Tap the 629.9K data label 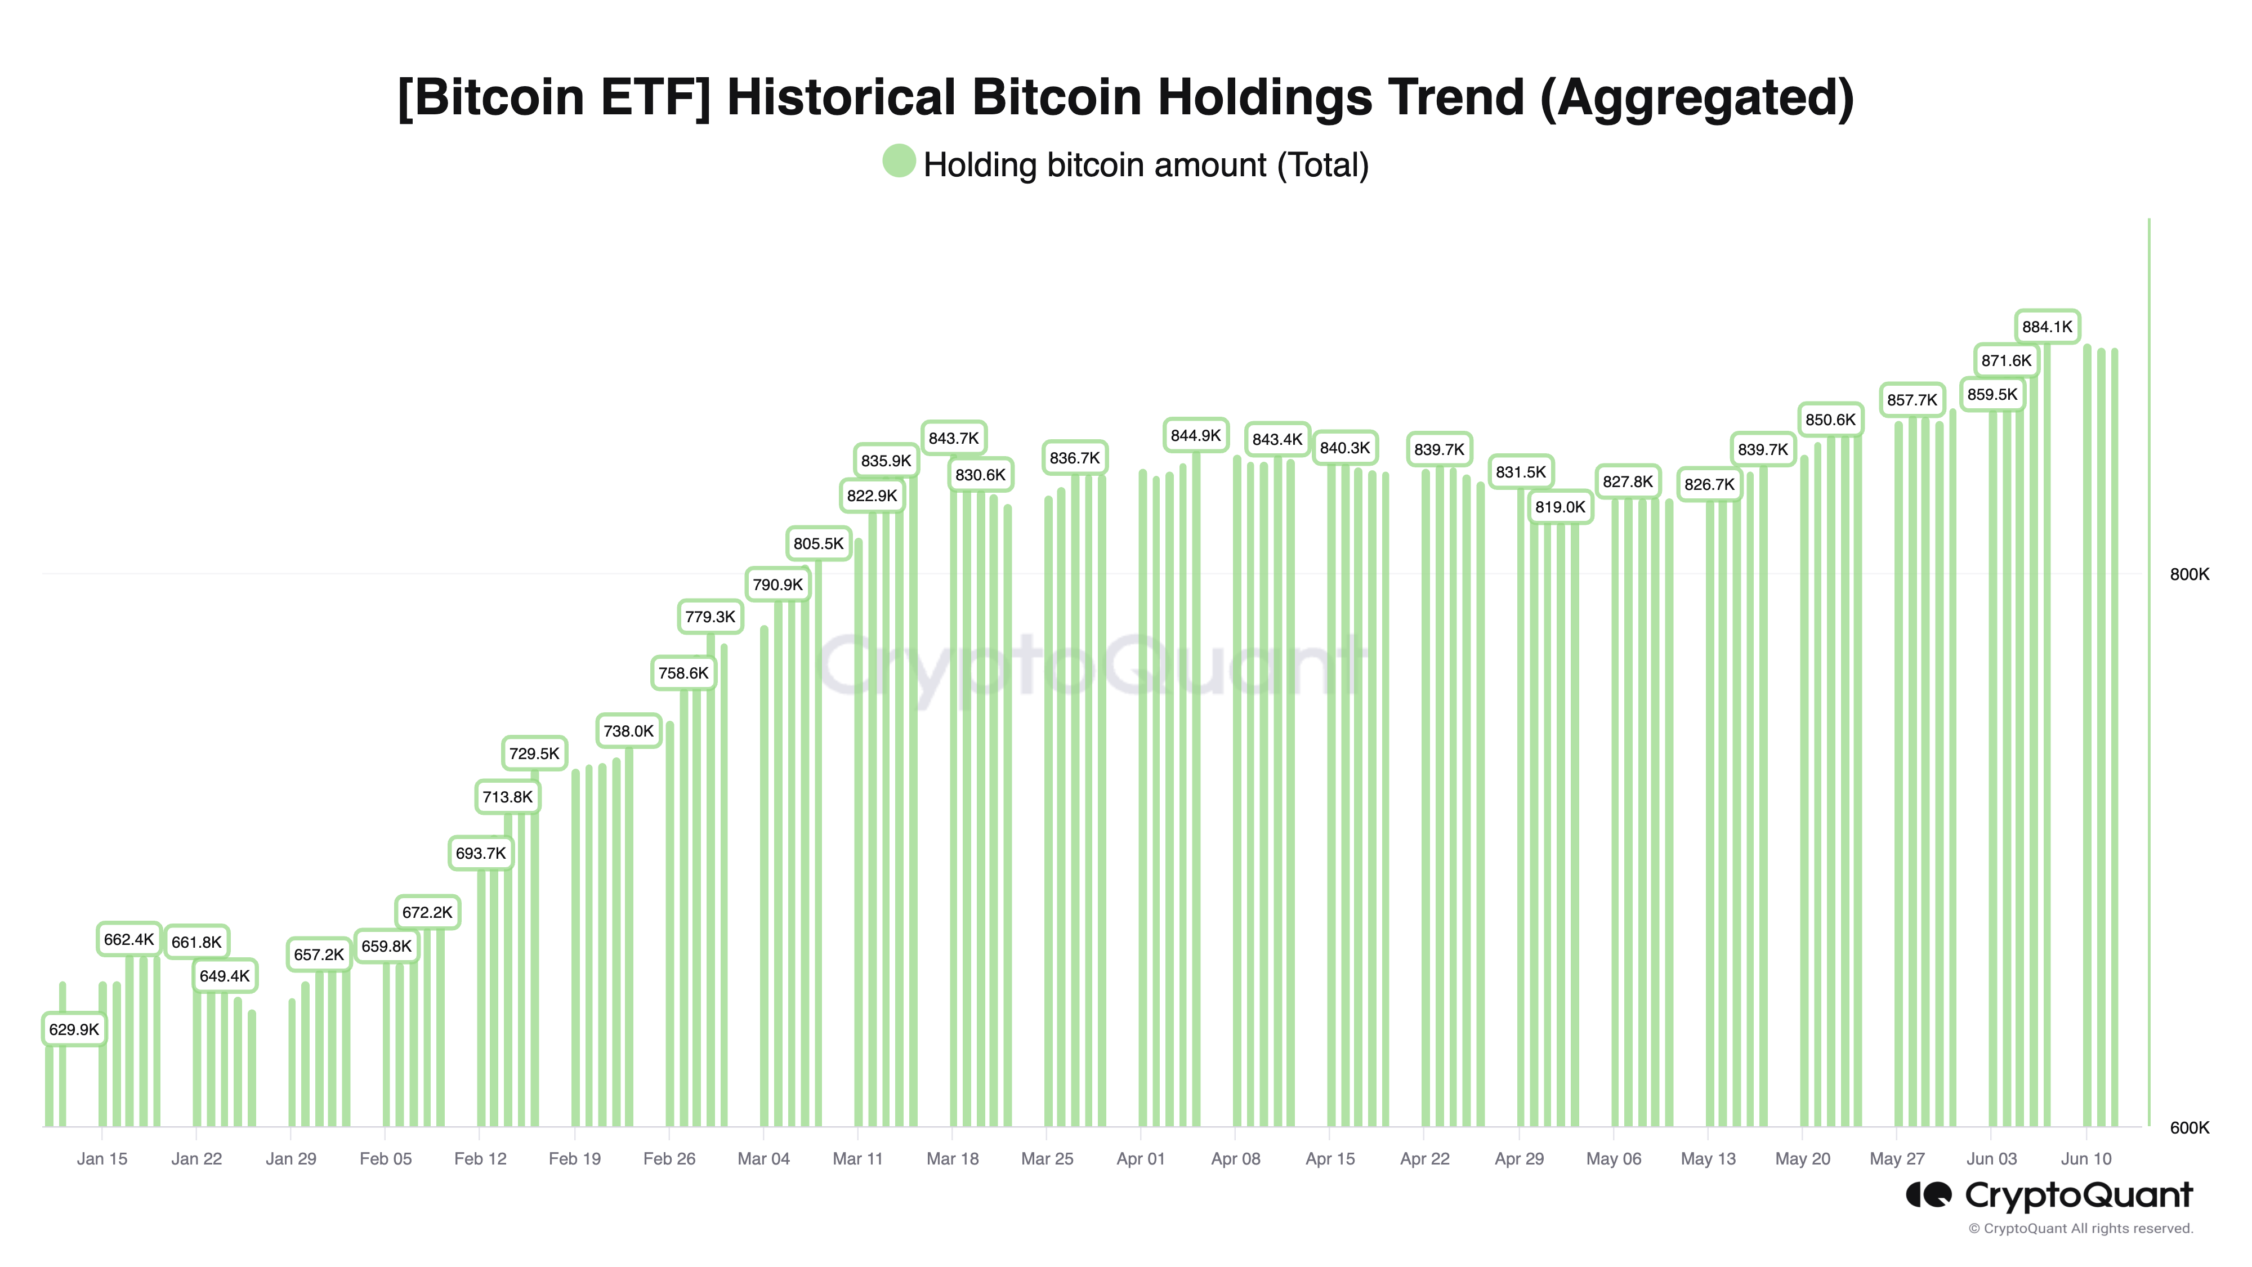[x=74, y=1029]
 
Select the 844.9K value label [x=1195, y=435]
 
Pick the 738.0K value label [x=628, y=731]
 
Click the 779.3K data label [x=710, y=617]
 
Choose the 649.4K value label [x=225, y=976]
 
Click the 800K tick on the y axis [x=2189, y=574]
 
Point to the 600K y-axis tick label [x=2189, y=1128]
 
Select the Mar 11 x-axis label [x=857, y=1158]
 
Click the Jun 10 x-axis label [x=2086, y=1158]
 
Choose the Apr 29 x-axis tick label [x=1518, y=1158]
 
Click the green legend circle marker [x=899, y=161]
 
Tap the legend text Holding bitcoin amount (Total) [x=1145, y=165]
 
